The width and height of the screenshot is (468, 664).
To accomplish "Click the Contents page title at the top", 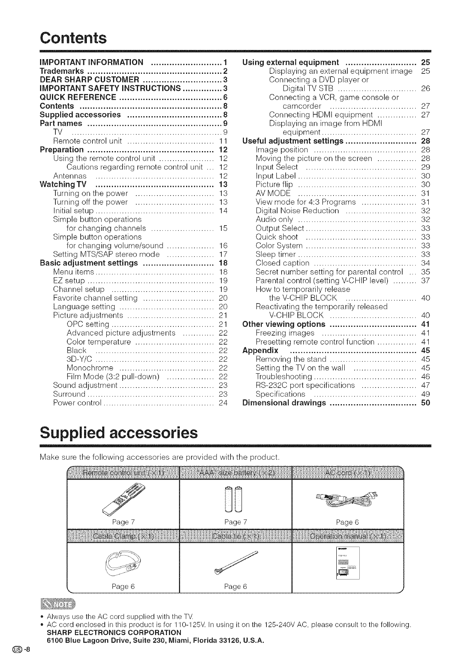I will coord(73,38).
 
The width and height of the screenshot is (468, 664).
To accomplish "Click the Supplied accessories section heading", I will coord(119,432).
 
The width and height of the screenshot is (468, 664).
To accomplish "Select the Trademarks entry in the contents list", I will coord(62,71).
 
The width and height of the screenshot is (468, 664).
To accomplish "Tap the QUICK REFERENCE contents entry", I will coord(78,97).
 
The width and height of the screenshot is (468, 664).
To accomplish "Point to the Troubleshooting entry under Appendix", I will coord(284,376).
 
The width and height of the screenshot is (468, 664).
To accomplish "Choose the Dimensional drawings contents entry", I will coord(284,403).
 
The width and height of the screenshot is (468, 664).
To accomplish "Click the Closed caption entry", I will coord(282,263).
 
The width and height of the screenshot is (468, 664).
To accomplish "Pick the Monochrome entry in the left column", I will coord(90,368).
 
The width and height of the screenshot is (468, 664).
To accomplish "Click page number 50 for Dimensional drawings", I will coord(425,403).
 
